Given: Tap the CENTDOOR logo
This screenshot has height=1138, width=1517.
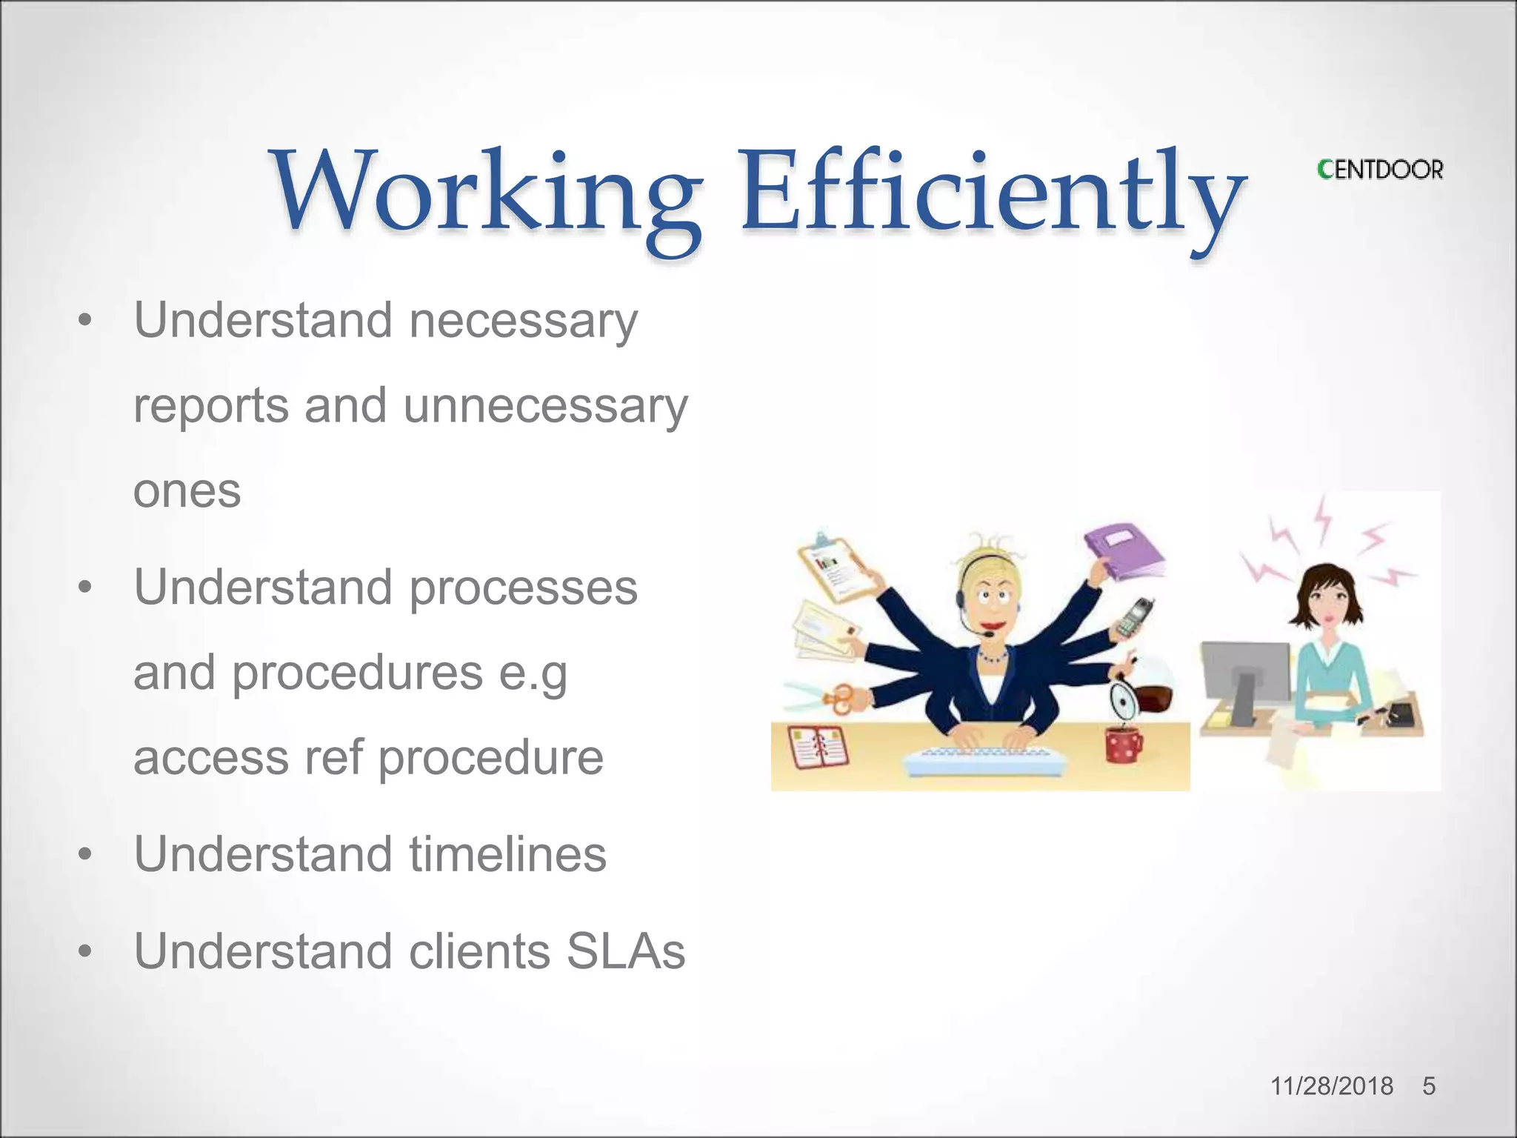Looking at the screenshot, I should click(x=1380, y=170).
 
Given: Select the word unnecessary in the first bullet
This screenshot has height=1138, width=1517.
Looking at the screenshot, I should click(x=545, y=406).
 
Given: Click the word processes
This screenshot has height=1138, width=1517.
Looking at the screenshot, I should click(x=523, y=588).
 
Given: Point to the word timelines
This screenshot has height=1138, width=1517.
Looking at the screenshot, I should click(x=507, y=854).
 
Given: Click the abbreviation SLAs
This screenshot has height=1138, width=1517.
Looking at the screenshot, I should click(x=626, y=951).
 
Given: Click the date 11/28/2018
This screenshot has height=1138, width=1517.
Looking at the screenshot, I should click(x=1331, y=1086).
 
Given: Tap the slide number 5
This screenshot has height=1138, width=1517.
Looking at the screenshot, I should click(x=1429, y=1086).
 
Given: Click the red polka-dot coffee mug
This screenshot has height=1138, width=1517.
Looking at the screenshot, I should click(x=1123, y=744).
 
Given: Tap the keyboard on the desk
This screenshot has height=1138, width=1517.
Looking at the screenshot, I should click(x=985, y=762).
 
